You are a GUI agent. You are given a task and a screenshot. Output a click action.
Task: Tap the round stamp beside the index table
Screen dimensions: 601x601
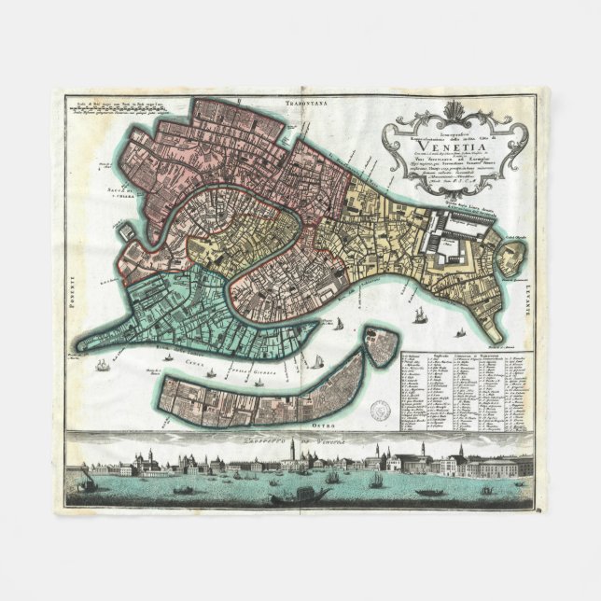click(382, 408)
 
